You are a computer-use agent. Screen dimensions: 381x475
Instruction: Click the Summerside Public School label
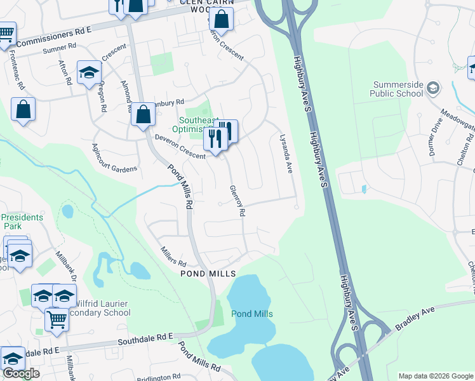click(389, 89)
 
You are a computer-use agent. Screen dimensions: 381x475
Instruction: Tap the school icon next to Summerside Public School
click(433, 87)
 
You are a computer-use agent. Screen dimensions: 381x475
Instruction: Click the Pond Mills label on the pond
click(252, 314)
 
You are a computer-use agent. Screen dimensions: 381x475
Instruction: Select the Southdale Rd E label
click(146, 342)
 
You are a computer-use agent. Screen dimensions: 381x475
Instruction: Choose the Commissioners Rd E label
click(54, 37)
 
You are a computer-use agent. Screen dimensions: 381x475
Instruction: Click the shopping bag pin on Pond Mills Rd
click(144, 114)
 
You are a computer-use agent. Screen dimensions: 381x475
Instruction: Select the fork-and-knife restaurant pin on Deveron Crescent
click(216, 139)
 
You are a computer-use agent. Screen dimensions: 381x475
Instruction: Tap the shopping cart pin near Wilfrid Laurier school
click(57, 320)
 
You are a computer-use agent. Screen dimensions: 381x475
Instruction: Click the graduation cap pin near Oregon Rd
click(90, 72)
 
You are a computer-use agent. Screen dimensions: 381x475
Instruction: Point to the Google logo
click(21, 373)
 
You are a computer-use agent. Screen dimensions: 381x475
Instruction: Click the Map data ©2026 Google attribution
click(435, 376)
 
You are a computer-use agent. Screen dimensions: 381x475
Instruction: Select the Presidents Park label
click(23, 222)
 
